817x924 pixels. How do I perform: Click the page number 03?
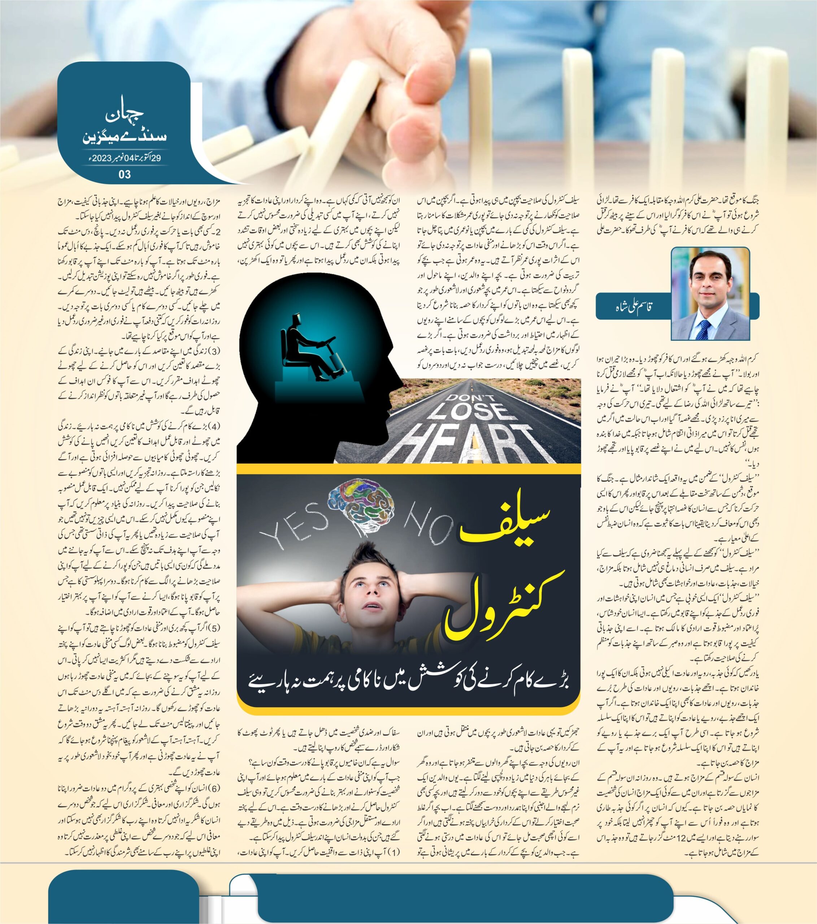click(124, 174)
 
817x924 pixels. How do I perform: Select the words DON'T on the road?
click(470, 397)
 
